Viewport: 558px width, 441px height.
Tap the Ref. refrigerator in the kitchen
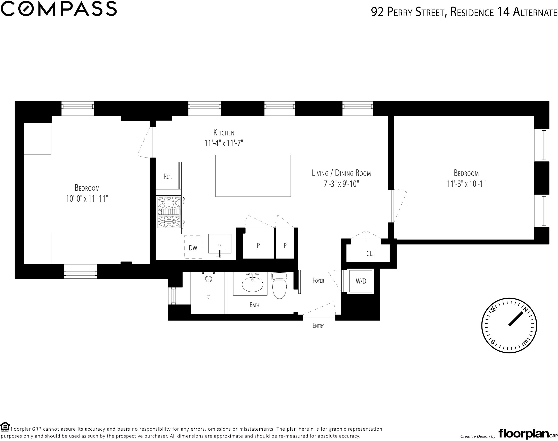tap(168, 177)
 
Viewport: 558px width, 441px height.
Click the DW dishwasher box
tap(193, 248)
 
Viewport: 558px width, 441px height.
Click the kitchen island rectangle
tap(253, 176)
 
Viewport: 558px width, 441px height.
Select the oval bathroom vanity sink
tap(252, 284)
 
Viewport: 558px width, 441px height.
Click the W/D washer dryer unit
tap(361, 281)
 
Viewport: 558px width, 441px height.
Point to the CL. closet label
tap(370, 254)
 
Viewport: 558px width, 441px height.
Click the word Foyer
tap(318, 280)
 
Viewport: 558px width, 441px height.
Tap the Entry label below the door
tap(318, 326)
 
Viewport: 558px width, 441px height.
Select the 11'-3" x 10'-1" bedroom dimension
tap(466, 184)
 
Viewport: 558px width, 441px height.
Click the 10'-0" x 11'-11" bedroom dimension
tap(87, 199)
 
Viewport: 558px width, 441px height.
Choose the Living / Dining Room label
tap(341, 173)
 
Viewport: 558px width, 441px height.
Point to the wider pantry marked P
tap(258, 245)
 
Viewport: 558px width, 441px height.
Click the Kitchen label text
tap(224, 133)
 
